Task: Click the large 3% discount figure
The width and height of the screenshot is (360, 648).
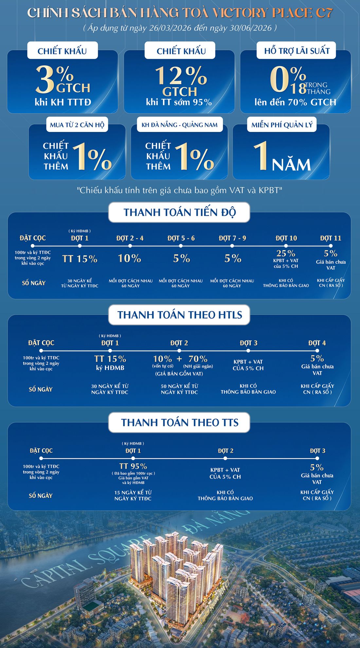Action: (55, 79)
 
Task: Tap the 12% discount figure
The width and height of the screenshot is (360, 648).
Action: (181, 76)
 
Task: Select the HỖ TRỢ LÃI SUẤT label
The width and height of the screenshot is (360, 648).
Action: (297, 51)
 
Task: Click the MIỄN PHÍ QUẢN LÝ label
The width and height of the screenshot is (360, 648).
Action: (282, 125)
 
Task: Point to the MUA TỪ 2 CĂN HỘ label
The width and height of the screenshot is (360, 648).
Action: (77, 125)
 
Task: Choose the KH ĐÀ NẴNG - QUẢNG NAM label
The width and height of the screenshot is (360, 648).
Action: (179, 125)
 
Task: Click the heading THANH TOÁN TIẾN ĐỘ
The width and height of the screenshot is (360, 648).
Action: (179, 212)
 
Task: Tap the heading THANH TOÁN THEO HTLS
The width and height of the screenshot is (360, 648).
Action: (180, 315)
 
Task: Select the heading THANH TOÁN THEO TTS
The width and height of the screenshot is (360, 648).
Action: (180, 423)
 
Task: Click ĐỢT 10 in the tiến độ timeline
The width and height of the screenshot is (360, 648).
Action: (286, 238)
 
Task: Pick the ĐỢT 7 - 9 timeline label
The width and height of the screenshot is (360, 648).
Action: (232, 238)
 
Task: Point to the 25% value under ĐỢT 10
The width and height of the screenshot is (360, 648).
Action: (286, 253)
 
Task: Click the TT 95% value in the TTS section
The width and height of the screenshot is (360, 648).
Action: (133, 466)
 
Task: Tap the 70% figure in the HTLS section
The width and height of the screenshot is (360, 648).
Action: (198, 359)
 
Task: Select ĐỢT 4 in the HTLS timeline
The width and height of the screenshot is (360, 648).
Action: (317, 343)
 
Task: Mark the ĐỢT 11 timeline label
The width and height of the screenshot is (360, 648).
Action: (331, 238)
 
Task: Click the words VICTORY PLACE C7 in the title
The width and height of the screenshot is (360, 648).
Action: (272, 13)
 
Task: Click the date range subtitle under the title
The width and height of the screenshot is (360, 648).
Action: (180, 28)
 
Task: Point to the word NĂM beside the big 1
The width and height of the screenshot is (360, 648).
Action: (291, 165)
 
